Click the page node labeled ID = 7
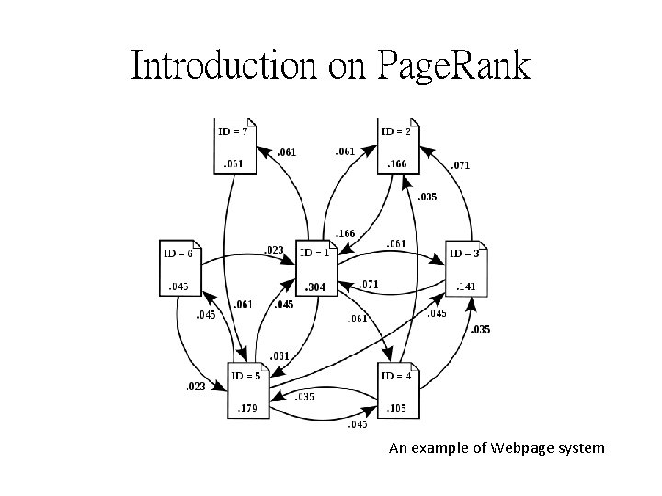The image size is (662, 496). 234,146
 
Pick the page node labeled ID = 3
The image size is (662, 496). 467,268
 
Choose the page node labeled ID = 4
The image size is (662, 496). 400,390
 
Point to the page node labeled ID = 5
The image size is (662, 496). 249,391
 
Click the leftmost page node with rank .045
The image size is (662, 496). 179,268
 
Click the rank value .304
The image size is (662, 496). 316,287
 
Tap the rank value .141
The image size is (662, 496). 466,287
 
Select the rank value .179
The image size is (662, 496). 248,409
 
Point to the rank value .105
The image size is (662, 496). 397,408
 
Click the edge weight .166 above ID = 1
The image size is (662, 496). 347,234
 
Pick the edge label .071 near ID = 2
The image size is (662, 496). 461,166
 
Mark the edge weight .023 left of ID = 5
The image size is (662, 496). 194,387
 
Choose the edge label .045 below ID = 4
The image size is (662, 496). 358,424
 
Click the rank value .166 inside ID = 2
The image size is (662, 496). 396,164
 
